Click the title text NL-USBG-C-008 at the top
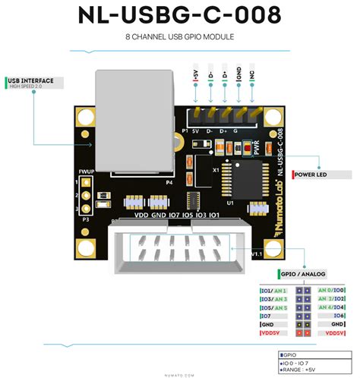pos(180,15)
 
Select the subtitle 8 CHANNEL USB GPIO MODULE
pos(180,36)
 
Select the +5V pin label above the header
pos(196,77)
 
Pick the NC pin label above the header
pos(253,77)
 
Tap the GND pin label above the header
pos(238,75)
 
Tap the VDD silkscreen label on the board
pos(141,216)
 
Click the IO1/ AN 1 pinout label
pos(274,290)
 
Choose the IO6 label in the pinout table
pos(339,315)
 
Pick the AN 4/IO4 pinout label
pos(332,307)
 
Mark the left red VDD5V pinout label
pos(271,332)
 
